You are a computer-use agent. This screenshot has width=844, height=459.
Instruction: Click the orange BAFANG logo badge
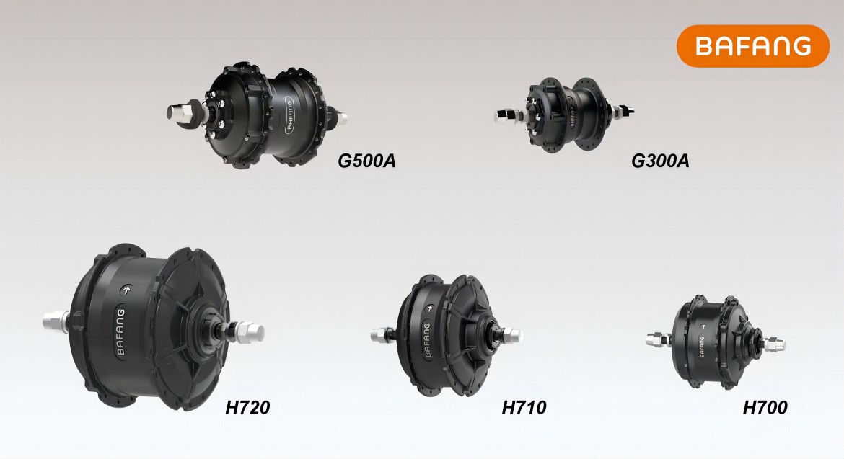[x=752, y=45]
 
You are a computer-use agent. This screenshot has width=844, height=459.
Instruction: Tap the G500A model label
[x=366, y=161]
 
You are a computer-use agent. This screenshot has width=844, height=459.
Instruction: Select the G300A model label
[x=660, y=161]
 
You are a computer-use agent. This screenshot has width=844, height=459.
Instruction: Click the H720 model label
[x=247, y=407]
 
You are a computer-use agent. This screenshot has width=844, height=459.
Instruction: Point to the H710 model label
[x=524, y=407]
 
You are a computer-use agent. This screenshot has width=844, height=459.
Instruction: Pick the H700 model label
[x=765, y=407]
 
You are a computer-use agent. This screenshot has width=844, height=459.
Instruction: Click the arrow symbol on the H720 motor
[x=126, y=290]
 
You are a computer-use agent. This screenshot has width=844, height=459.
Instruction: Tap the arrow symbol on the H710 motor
[x=429, y=309]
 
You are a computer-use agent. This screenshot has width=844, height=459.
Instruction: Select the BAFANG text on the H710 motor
[x=427, y=340]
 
